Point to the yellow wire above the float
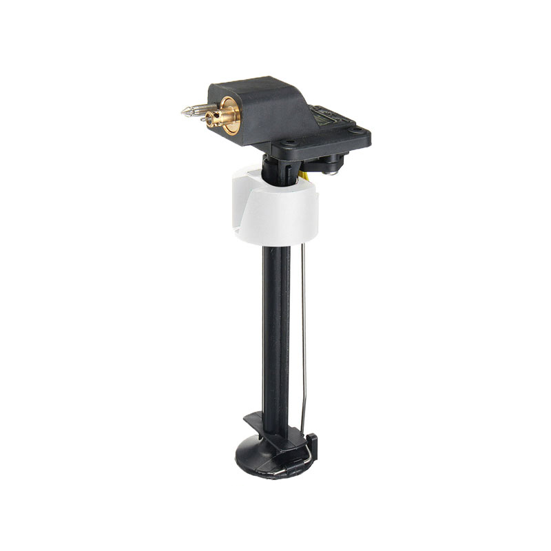click(x=305, y=178)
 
